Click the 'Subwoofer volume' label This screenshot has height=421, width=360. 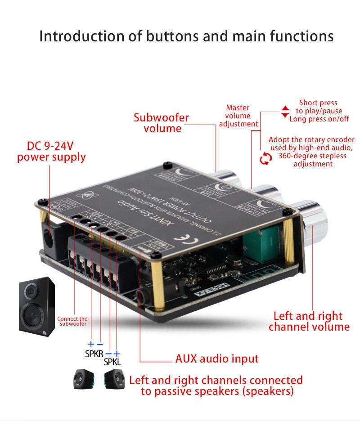(161, 123)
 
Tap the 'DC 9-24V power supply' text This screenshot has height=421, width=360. (51, 152)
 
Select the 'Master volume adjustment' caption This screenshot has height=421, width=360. (238, 116)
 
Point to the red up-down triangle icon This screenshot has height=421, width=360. (285, 112)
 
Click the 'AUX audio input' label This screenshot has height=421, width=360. (217, 358)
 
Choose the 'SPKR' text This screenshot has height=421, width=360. (94, 354)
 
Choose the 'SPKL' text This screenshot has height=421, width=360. (112, 361)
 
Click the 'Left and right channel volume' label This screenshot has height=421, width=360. (309, 321)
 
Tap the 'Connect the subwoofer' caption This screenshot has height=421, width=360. (72, 321)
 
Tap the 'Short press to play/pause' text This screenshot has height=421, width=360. (319, 107)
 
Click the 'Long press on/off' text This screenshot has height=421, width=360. (319, 119)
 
